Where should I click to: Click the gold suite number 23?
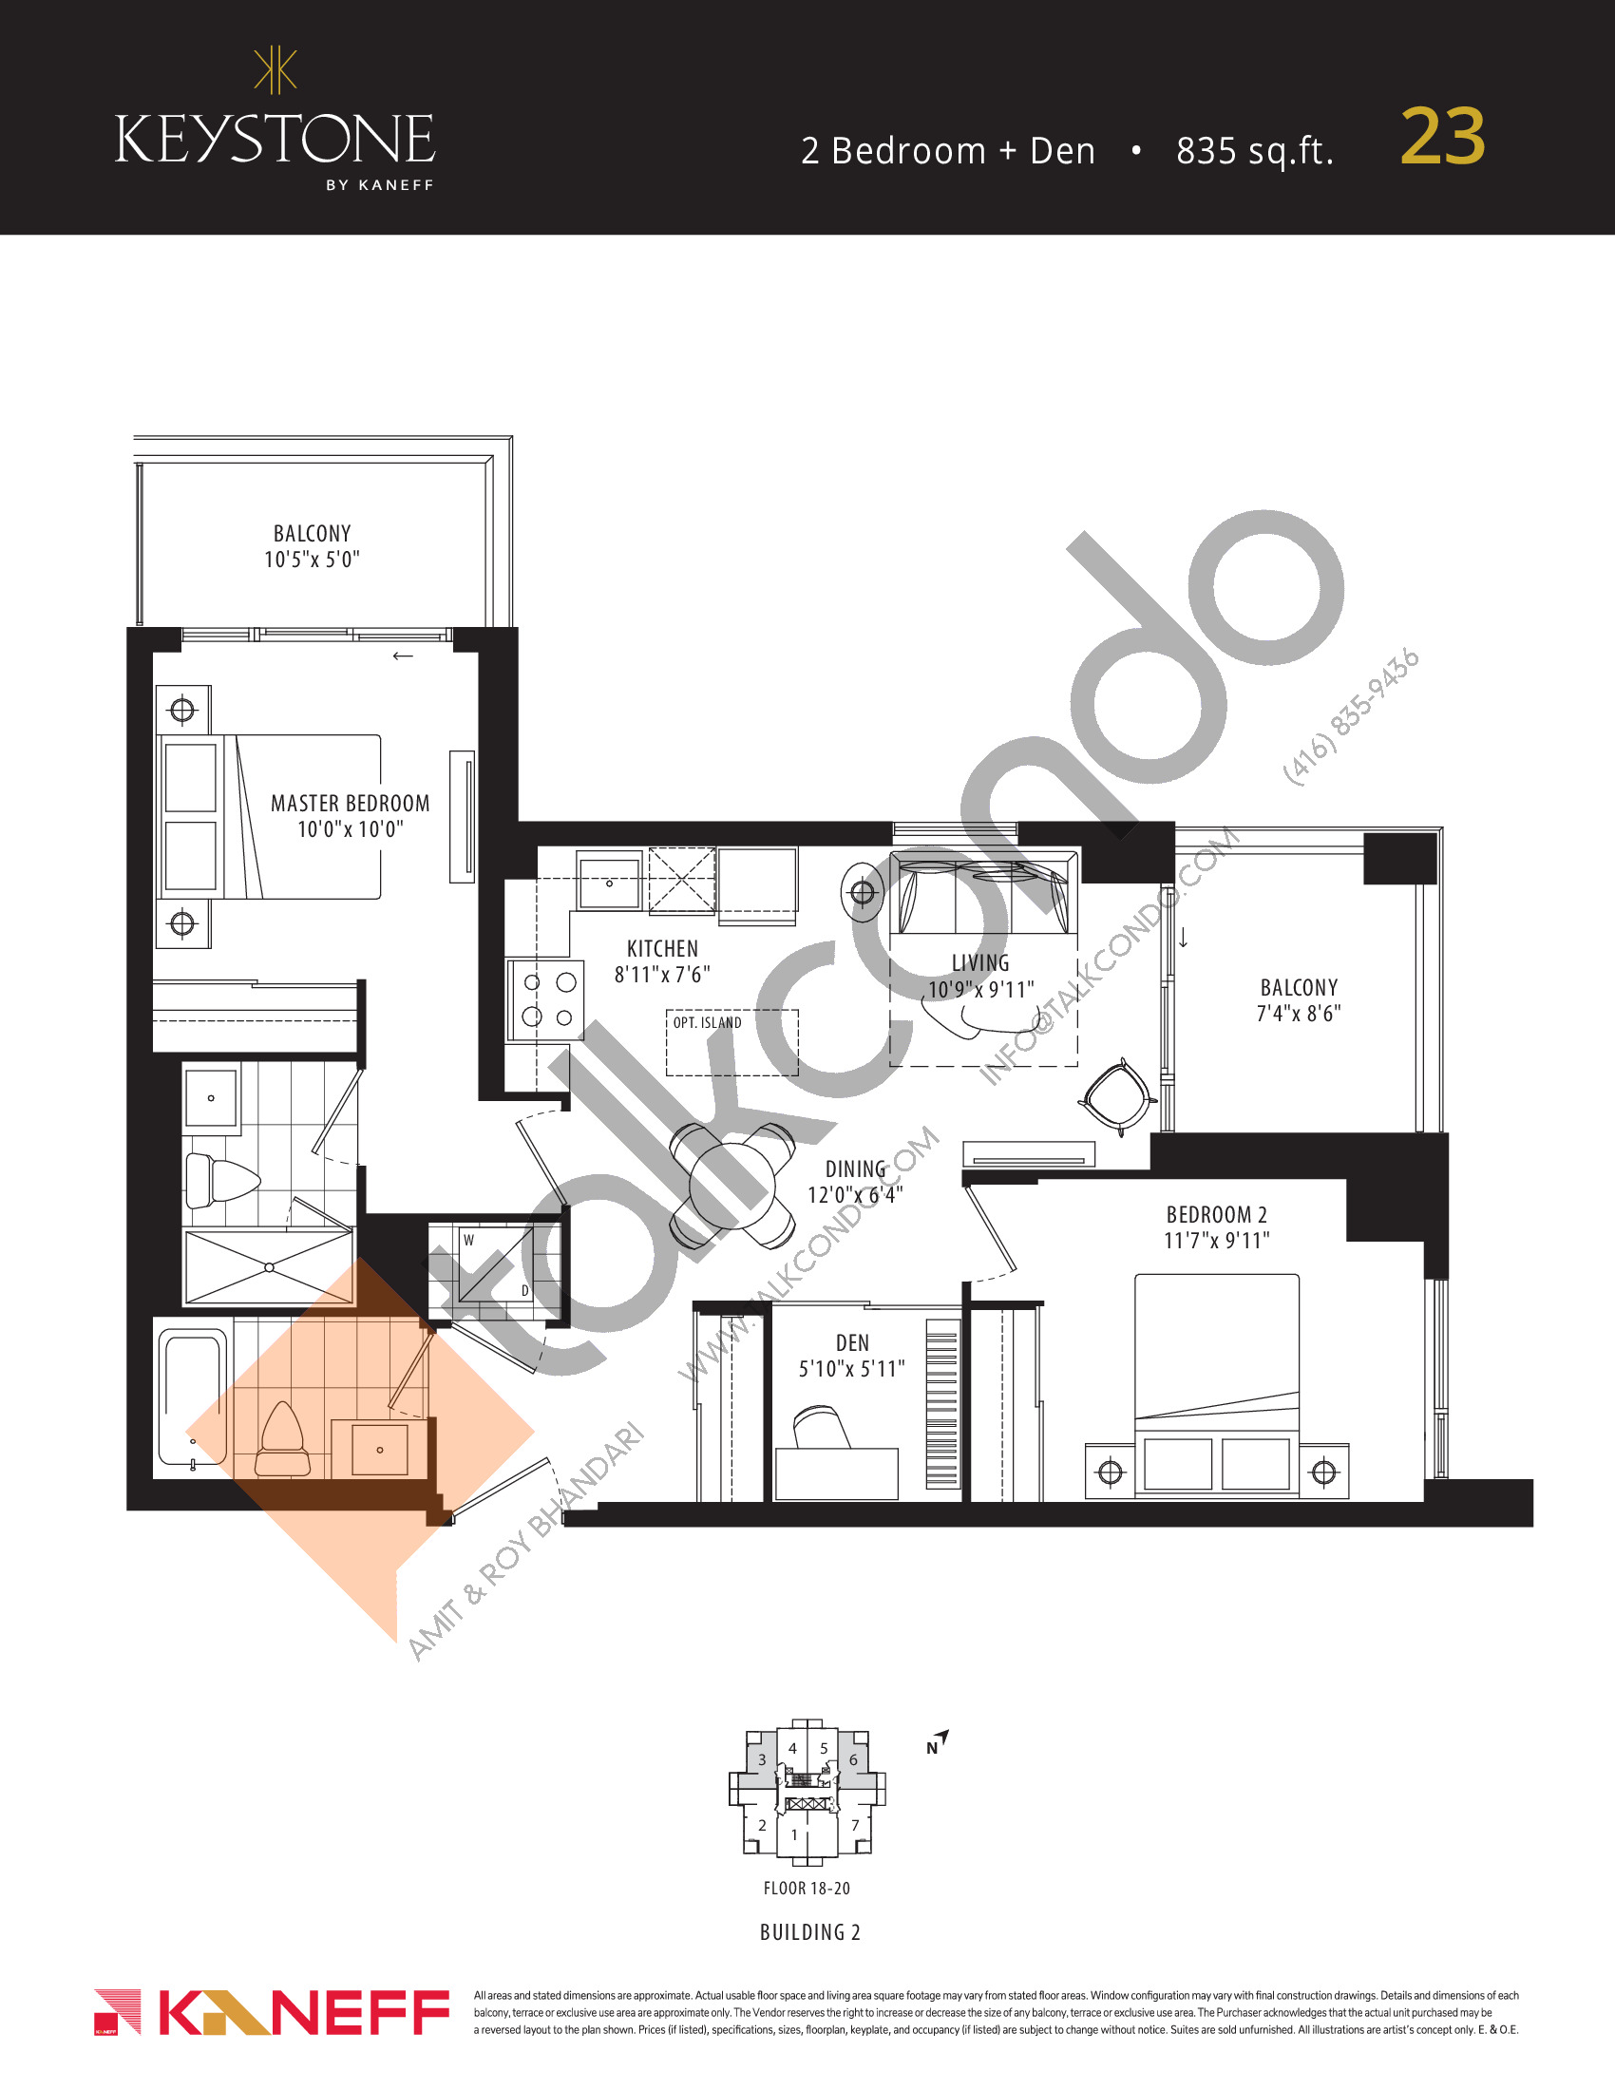point(1443,137)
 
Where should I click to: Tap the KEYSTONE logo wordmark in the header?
point(275,139)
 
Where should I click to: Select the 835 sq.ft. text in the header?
point(1254,151)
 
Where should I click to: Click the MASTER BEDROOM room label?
point(351,803)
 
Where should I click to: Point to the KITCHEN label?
point(662,948)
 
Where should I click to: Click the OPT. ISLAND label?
point(707,1023)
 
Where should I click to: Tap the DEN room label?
point(852,1342)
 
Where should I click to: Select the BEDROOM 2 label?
point(1217,1214)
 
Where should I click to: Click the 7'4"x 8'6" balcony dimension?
point(1299,1014)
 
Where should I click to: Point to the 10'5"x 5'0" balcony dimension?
point(312,559)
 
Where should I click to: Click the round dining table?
point(732,1186)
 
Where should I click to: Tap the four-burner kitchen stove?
point(546,1000)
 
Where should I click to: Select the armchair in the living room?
point(1116,1096)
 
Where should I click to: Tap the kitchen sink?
point(609,880)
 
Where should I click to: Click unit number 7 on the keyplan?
point(855,1825)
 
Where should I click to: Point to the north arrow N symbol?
point(937,1742)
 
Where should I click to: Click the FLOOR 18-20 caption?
point(807,1888)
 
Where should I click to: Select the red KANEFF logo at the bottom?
point(272,2012)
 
